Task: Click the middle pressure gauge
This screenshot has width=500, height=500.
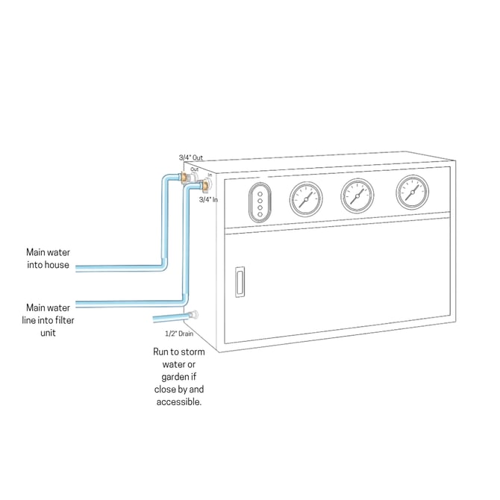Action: coord(357,195)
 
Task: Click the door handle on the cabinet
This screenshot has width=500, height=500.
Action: coord(239,284)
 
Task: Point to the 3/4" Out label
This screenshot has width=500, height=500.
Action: coord(191,157)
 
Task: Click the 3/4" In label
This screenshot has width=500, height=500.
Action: coord(208,200)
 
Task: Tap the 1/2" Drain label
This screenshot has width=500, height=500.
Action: coord(179,334)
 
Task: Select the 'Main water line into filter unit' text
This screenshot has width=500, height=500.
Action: coord(50,319)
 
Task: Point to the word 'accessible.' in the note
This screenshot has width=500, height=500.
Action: coord(179,402)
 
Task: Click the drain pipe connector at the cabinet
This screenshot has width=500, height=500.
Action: coord(194,316)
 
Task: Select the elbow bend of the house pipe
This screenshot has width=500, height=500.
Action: coord(164,266)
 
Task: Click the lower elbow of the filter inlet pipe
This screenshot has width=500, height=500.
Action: coord(184,301)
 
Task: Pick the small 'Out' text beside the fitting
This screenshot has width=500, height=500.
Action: coord(194,169)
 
